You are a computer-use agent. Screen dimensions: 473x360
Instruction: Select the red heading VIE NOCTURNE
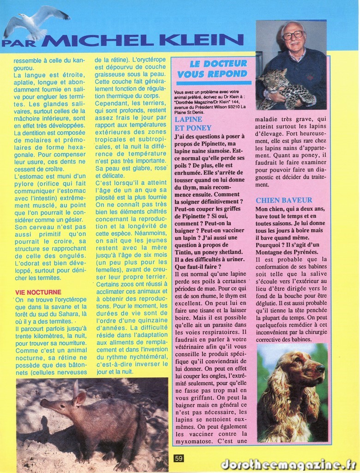pos(38,292)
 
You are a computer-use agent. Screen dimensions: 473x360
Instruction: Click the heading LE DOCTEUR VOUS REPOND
pos(213,68)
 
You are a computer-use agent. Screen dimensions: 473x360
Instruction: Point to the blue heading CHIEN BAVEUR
pos(284,200)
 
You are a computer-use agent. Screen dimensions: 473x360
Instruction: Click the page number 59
pos(179,458)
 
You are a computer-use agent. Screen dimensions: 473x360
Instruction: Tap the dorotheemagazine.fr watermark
pos(288,464)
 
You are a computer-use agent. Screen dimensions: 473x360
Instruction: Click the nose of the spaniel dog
pos(320,368)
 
